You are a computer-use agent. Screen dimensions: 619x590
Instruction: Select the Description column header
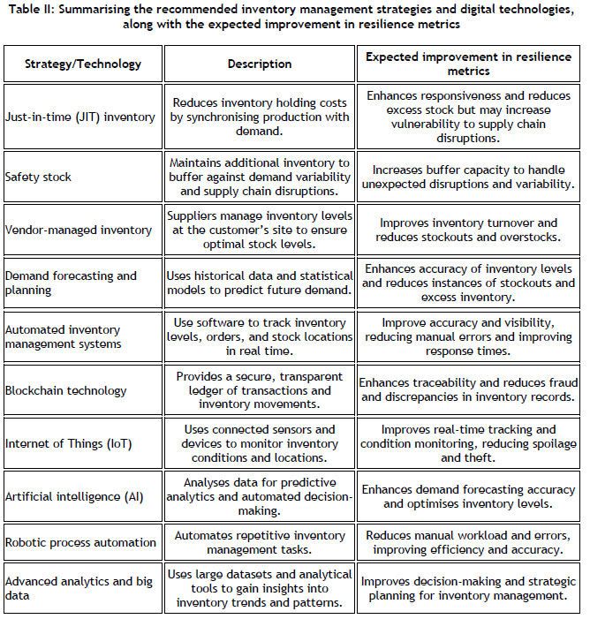tap(260, 64)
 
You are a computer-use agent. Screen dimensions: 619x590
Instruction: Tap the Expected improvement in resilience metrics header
tap(471, 64)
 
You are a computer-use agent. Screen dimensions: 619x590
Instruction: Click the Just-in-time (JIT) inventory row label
tap(79, 117)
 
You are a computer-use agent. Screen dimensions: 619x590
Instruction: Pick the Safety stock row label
tap(41, 177)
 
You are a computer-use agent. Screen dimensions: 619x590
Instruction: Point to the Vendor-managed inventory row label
tap(78, 230)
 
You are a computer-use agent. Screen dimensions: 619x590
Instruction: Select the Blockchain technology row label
tap(66, 390)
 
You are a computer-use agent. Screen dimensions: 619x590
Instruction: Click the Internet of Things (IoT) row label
tap(69, 443)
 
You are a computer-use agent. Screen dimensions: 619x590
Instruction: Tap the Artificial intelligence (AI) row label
tap(74, 497)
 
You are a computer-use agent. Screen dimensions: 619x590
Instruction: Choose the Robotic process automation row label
tap(80, 542)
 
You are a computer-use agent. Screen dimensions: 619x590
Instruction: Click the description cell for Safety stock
tap(260, 177)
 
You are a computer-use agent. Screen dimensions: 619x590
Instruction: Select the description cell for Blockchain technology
tap(260, 390)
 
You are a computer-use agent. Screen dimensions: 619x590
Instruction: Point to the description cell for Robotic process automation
tap(260, 542)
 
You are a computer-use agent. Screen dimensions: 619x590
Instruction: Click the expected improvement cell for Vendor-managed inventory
tap(471, 230)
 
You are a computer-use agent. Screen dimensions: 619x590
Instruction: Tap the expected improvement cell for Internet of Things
tap(471, 443)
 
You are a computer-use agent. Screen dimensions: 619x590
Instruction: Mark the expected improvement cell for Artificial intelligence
tap(471, 497)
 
